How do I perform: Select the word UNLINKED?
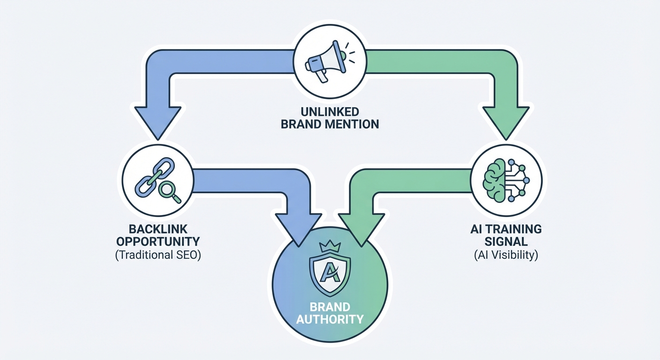[x=330, y=112]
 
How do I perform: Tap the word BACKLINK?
[x=157, y=229]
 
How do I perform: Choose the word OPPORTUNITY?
[x=157, y=242]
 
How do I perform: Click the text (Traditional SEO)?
[x=157, y=256]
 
